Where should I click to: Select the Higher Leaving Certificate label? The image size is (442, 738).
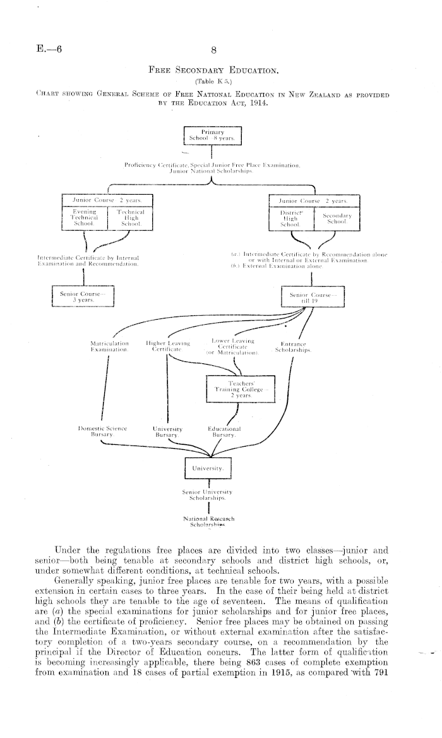(x=166, y=347)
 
